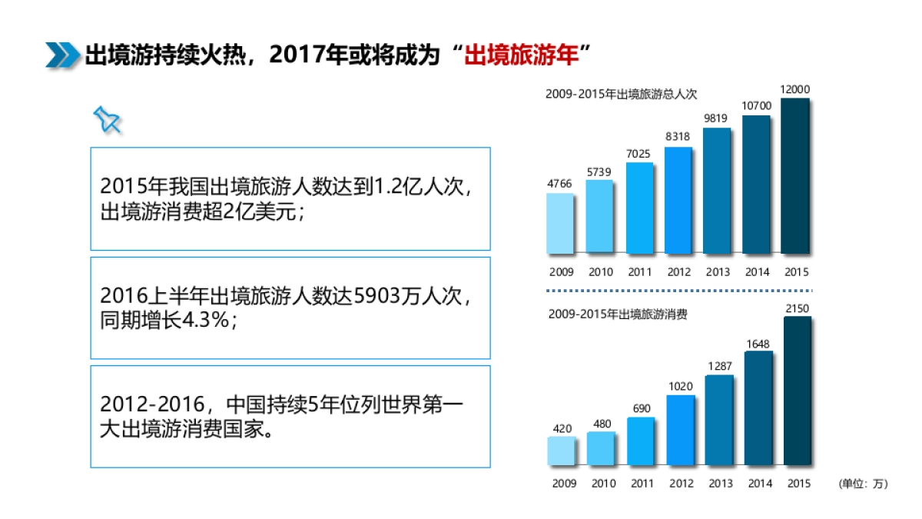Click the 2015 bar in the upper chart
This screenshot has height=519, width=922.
pyautogui.click(x=795, y=176)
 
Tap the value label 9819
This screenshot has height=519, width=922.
pyautogui.click(x=717, y=118)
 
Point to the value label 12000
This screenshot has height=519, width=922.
pyautogui.click(x=795, y=89)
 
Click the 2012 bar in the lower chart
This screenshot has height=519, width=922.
pyautogui.click(x=680, y=430)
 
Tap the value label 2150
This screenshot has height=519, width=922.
pyautogui.click(x=798, y=308)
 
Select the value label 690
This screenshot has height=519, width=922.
pyautogui.click(x=642, y=408)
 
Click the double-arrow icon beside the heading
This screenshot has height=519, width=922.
pyautogui.click(x=62, y=55)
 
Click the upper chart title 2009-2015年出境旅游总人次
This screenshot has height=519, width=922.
pyautogui.click(x=621, y=94)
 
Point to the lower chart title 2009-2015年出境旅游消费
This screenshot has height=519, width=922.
pyautogui.click(x=618, y=314)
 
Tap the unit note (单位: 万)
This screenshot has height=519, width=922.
pyautogui.click(x=863, y=484)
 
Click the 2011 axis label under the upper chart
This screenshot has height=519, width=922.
pyautogui.click(x=639, y=272)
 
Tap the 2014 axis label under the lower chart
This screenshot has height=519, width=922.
pyautogui.click(x=759, y=484)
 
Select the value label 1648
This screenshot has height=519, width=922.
pyautogui.click(x=758, y=344)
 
